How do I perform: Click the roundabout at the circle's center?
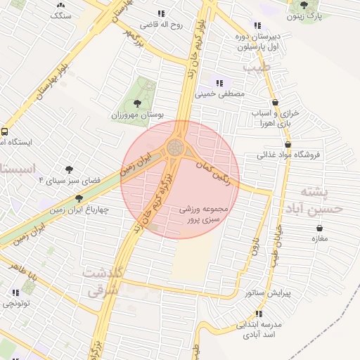[x=175, y=148]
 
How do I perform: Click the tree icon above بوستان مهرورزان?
[x=137, y=103]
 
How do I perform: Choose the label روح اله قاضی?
[x=162, y=24]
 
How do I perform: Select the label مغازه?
[x=321, y=239]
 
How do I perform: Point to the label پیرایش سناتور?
[x=265, y=292]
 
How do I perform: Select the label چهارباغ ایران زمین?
[x=79, y=209]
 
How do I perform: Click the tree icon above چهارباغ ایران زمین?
[x=79, y=199]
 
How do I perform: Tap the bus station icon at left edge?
[x=5, y=131]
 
